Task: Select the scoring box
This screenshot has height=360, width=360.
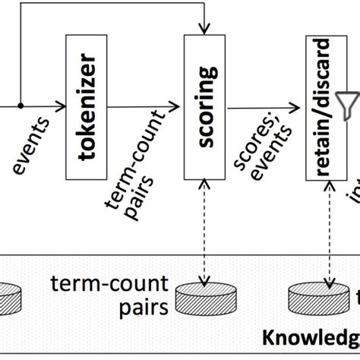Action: [x=203, y=107]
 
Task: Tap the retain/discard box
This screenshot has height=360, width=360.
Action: [x=324, y=107]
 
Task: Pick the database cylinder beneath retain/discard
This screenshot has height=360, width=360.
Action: [x=319, y=298]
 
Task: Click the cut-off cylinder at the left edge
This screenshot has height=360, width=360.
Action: [x=9, y=298]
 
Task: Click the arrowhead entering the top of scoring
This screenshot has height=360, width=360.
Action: [x=203, y=30]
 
